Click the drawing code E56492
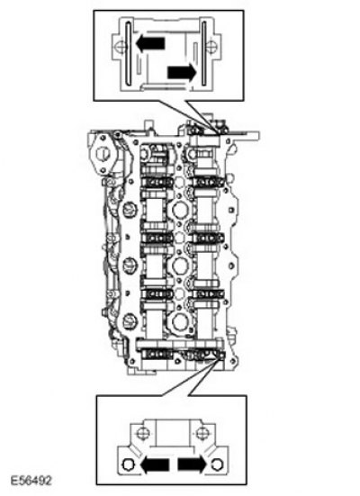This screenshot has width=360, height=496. [x=31, y=480]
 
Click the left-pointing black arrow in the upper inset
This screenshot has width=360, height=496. [x=150, y=43]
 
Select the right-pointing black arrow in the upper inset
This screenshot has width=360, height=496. [x=182, y=72]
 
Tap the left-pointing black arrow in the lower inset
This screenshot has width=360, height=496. [x=155, y=465]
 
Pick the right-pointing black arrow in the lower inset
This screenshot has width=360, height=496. [x=192, y=464]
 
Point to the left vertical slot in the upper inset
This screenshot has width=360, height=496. [x=128, y=54]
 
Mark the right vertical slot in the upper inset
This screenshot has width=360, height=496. [x=204, y=54]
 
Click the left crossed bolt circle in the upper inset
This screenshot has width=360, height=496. [x=121, y=47]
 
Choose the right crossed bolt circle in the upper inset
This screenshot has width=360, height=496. [x=211, y=47]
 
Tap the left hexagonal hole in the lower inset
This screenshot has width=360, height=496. [x=128, y=464]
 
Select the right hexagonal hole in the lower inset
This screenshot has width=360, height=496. [x=218, y=464]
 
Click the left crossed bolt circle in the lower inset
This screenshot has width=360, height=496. [x=143, y=433]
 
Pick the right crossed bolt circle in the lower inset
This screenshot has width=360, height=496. [x=202, y=433]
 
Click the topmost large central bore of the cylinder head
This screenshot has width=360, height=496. [x=180, y=210]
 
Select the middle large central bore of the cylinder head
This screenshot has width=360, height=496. [x=180, y=265]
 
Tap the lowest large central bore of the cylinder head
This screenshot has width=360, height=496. [x=180, y=322]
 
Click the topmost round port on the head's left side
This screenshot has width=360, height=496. [x=130, y=209]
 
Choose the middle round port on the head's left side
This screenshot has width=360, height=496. [x=130, y=265]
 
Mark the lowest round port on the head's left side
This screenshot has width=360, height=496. [x=130, y=320]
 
